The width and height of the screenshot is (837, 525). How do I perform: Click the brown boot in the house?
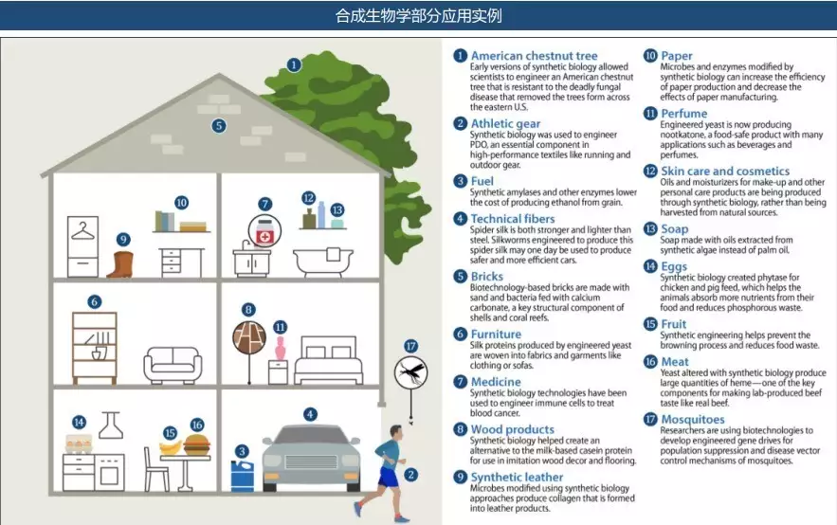[x=120, y=263]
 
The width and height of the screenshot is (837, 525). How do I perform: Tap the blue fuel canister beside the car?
[x=243, y=476]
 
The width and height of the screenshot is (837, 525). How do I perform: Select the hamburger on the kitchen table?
[x=197, y=444]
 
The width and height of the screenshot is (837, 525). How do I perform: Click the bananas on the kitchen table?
[x=171, y=447]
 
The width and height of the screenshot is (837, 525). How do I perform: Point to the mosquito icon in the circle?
[x=411, y=371]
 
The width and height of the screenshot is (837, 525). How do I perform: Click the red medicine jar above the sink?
[x=264, y=230]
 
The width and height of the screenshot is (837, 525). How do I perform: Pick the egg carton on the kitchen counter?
[x=78, y=444]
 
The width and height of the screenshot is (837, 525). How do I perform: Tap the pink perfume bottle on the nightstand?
[x=280, y=348]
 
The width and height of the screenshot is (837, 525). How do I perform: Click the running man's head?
[x=395, y=433]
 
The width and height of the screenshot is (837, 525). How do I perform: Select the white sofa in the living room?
[x=173, y=366]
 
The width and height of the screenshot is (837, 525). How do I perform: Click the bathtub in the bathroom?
[x=323, y=262]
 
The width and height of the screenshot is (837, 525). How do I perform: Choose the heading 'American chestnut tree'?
[x=534, y=56]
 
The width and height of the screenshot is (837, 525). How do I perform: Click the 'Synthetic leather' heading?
[x=517, y=477]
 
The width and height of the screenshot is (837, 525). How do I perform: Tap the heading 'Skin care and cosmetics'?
[x=725, y=171]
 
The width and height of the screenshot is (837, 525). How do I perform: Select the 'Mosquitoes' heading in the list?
[x=692, y=420]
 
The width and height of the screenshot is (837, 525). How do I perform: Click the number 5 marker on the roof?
[x=219, y=126]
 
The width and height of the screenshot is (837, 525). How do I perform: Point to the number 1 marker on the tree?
[x=294, y=65]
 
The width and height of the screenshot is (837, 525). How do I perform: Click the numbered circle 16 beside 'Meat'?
[x=650, y=362]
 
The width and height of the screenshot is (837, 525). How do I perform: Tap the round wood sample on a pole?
[x=249, y=337]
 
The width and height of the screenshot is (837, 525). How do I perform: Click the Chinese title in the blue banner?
[x=419, y=16]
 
